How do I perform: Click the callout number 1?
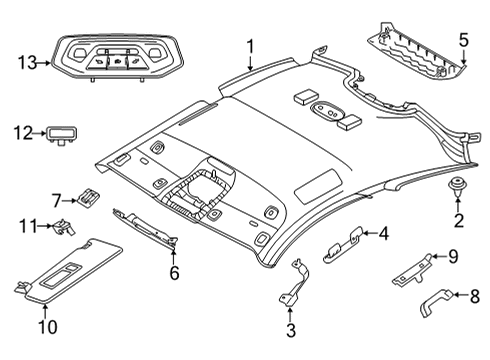point(251,45)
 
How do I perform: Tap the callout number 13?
point(26,63)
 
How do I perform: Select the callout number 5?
point(463,41)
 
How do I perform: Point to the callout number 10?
point(43,325)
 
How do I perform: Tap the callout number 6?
point(174,271)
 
